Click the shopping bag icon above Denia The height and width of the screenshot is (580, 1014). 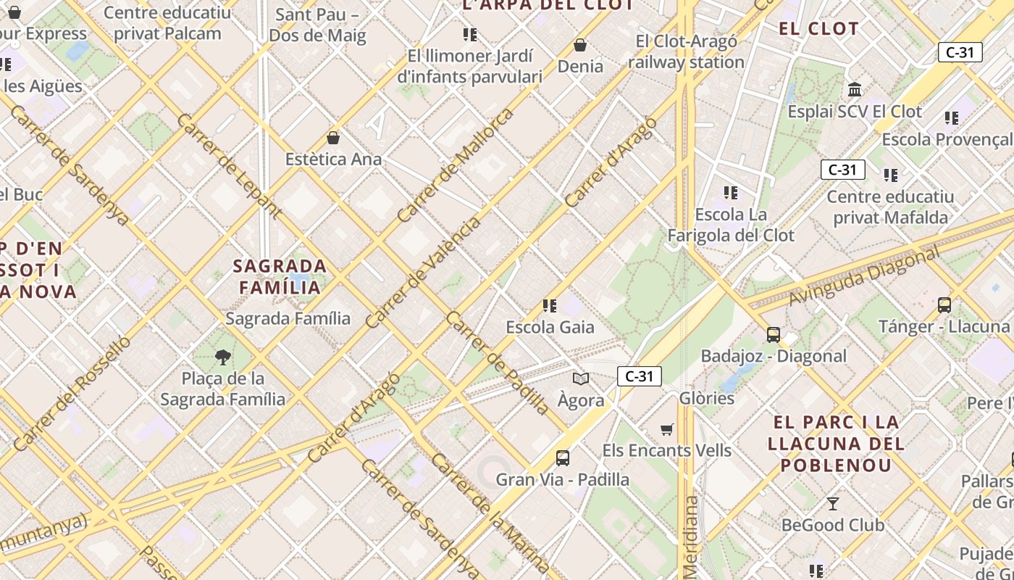pyautogui.click(x=579, y=46)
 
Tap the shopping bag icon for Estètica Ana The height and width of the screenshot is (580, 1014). pyautogui.click(x=333, y=138)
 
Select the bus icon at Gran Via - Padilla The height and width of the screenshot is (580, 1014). pyautogui.click(x=563, y=458)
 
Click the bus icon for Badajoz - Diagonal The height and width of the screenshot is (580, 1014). pyautogui.click(x=774, y=335)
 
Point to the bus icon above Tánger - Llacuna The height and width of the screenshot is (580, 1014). pyautogui.click(x=944, y=305)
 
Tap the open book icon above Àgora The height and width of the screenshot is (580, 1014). pyautogui.click(x=581, y=378)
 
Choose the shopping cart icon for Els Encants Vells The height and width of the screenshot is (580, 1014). pyautogui.click(x=667, y=430)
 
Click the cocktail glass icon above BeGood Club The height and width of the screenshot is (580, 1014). pyautogui.click(x=833, y=503)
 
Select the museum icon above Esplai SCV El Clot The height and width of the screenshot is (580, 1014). pyautogui.click(x=855, y=90)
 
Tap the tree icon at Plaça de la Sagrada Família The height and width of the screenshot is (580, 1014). pyautogui.click(x=223, y=357)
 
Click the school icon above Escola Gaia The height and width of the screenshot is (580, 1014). pyautogui.click(x=550, y=306)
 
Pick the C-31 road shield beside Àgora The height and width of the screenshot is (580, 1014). pyautogui.click(x=639, y=376)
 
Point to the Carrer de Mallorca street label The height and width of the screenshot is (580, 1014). pyautogui.click(x=456, y=165)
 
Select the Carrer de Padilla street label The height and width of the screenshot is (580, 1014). pyautogui.click(x=498, y=363)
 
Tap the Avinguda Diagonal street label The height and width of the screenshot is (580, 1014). pyautogui.click(x=863, y=275)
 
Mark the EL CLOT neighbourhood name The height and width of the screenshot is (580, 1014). pyautogui.click(x=818, y=29)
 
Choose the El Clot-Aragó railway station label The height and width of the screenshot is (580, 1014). pyautogui.click(x=686, y=51)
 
